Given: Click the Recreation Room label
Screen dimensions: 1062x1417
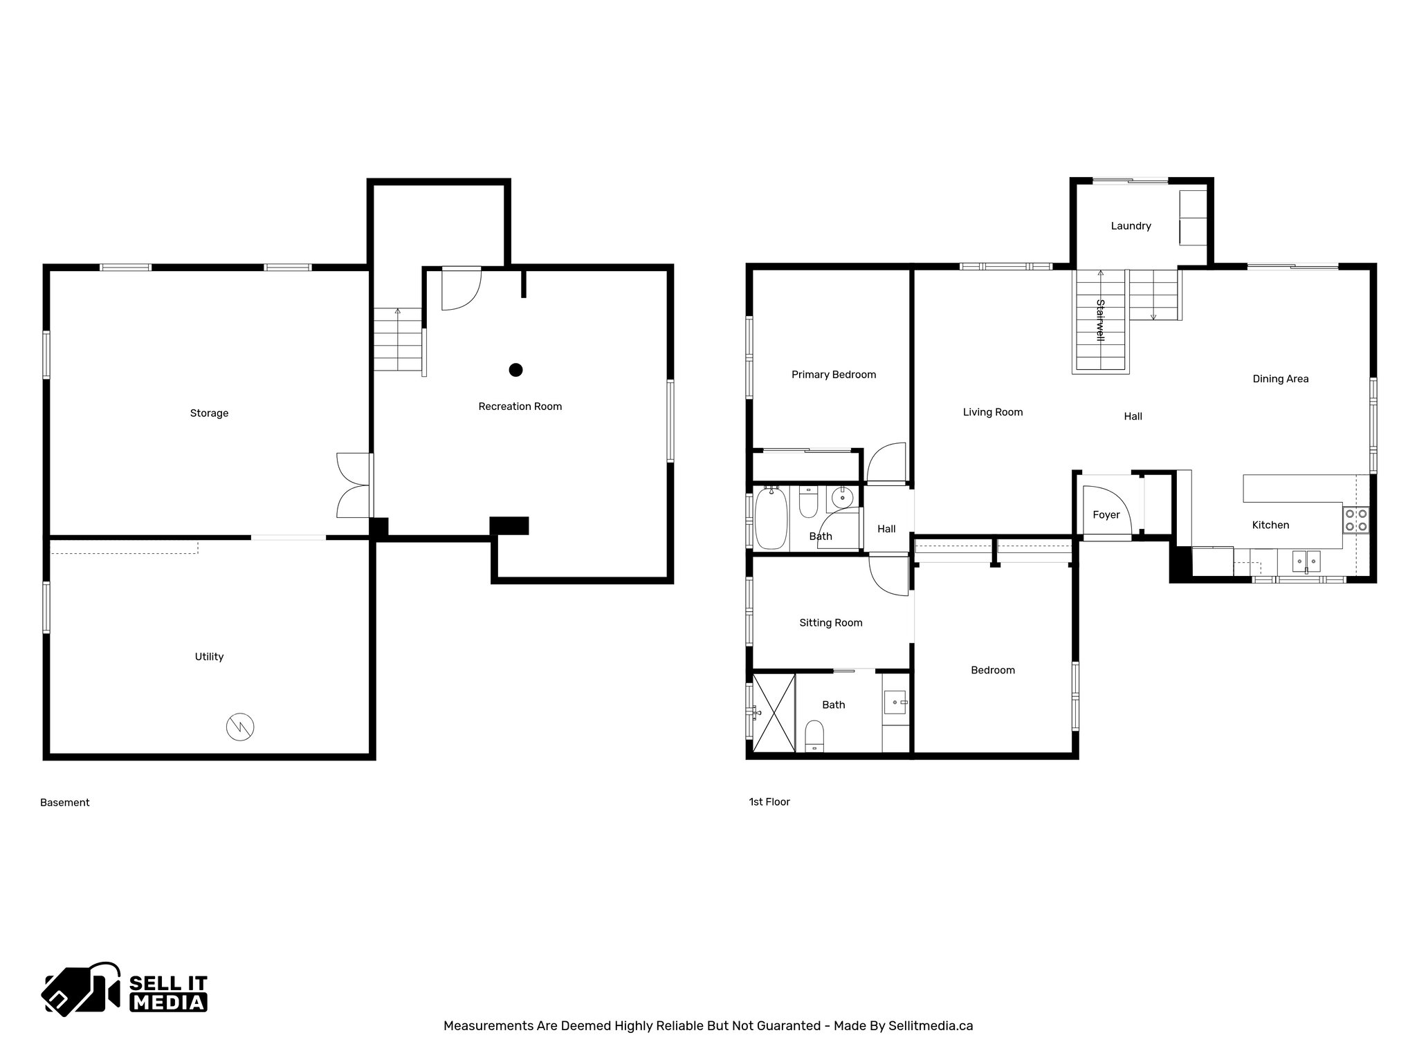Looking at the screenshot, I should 520,407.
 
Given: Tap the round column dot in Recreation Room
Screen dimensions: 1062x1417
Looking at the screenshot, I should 515,370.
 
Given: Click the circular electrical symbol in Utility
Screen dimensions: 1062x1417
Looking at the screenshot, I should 240,726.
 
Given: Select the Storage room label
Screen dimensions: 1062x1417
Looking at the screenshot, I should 209,413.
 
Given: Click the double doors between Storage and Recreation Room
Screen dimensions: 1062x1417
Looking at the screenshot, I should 354,485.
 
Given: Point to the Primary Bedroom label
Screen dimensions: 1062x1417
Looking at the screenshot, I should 833,375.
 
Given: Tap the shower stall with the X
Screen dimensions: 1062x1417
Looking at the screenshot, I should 774,712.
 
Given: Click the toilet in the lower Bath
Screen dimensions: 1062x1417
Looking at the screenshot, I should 815,736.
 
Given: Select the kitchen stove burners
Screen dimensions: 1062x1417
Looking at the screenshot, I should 1355,520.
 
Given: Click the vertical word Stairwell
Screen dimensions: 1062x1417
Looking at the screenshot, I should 1100,320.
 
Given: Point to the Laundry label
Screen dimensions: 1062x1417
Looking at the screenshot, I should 1131,226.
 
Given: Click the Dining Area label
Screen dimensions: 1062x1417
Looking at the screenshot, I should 1280,379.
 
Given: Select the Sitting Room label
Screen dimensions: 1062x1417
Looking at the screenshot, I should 830,623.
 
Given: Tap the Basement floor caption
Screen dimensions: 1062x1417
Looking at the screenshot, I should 65,803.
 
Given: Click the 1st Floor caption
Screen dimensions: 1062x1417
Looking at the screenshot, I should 769,802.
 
